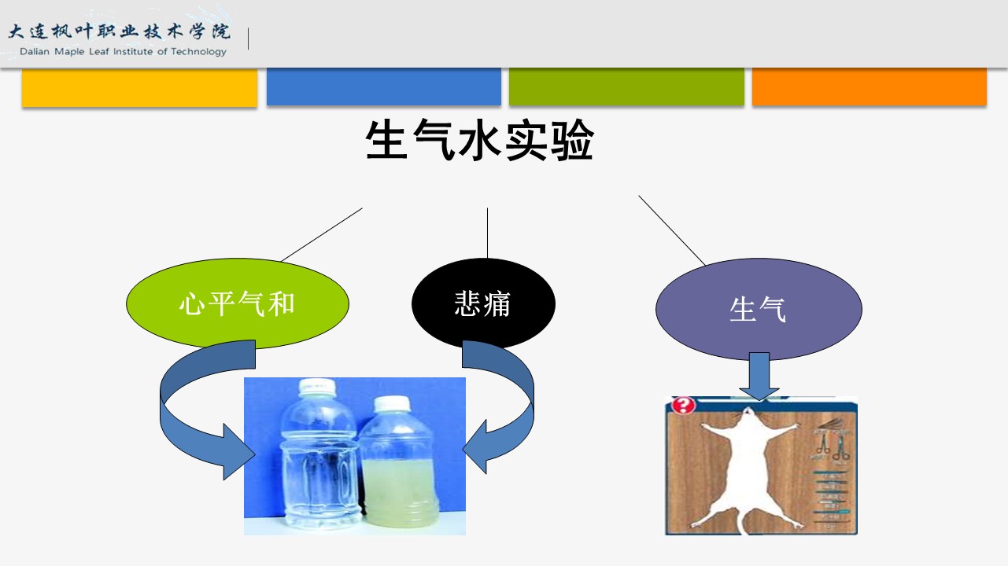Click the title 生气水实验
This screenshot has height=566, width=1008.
coord(479,142)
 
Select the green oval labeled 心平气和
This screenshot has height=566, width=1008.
coord(237,303)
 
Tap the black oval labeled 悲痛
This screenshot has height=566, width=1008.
coord(483,303)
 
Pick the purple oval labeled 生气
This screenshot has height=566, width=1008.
coord(759,309)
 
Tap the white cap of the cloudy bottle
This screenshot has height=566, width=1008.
coord(392,404)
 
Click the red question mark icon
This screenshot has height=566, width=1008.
coord(685,406)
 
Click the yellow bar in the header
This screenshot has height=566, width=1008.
coord(139,87)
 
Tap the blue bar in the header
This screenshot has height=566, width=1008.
coord(384,87)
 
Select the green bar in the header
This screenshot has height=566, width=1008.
coord(626,87)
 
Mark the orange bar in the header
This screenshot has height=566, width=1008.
coord(870,87)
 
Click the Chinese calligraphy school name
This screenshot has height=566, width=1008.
coord(120,32)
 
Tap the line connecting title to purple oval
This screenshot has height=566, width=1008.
coord(671,230)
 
